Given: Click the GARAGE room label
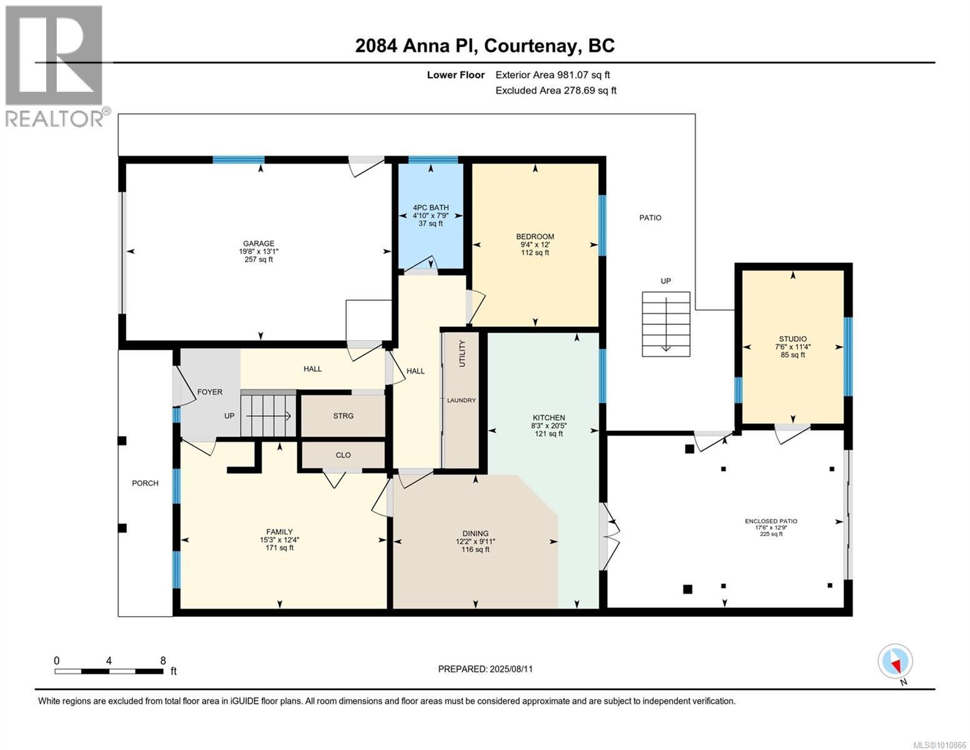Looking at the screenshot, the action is (x=259, y=244).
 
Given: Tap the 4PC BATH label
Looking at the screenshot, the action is (x=430, y=207).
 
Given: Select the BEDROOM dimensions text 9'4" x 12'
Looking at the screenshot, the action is (x=535, y=244).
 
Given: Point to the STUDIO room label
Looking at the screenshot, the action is (x=793, y=339).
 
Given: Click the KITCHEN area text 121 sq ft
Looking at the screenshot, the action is (x=548, y=433).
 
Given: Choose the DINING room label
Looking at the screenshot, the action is (x=475, y=533).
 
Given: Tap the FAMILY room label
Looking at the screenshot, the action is (x=279, y=532).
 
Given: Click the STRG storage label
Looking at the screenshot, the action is (x=344, y=416).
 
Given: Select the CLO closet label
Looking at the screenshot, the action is (x=344, y=455).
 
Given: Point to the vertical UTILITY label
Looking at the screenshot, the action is (x=462, y=353).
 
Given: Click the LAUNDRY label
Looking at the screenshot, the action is (x=462, y=400).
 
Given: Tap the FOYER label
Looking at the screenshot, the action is (x=210, y=392).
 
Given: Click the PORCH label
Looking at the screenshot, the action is (x=145, y=483).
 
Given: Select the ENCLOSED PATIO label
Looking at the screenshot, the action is (x=771, y=521).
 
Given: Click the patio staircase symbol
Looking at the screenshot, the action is (x=666, y=324).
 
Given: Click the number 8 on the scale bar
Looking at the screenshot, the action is (x=163, y=660).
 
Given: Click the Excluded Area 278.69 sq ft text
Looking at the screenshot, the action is (x=556, y=90).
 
